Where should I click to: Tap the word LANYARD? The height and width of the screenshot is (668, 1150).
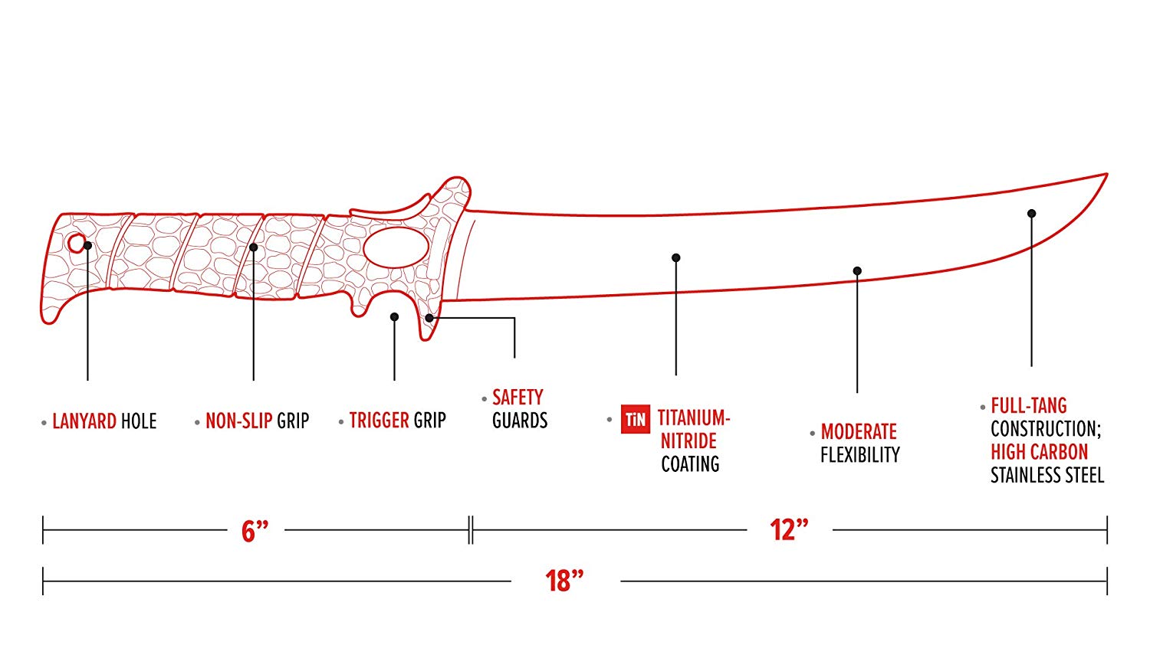point(84,421)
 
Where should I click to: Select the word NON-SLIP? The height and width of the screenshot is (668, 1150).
point(238,421)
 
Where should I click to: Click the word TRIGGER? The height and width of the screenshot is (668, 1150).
point(379,421)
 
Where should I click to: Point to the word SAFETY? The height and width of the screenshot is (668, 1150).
point(517,397)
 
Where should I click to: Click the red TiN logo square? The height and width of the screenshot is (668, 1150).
point(636,419)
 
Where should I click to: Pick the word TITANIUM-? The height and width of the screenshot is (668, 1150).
point(694,417)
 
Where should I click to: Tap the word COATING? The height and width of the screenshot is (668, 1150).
point(690,463)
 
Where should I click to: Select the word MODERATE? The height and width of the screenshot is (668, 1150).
point(859,431)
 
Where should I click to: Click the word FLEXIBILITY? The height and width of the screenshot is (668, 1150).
point(860,454)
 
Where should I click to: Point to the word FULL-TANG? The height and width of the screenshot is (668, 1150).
point(1029,406)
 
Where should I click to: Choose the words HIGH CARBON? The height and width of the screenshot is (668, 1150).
point(1039,452)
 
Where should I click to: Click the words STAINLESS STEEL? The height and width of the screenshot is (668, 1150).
point(1047,475)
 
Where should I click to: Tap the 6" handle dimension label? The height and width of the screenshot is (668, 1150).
point(255,532)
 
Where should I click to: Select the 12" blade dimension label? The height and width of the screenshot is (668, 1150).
point(789,530)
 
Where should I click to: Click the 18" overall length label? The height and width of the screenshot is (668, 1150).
point(565,581)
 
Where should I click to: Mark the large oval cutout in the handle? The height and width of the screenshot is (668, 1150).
point(396,247)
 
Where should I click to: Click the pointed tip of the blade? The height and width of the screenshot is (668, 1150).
point(1107,175)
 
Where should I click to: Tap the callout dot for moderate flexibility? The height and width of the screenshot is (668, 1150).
point(857,271)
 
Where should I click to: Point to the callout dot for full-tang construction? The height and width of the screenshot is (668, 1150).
point(1031,214)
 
